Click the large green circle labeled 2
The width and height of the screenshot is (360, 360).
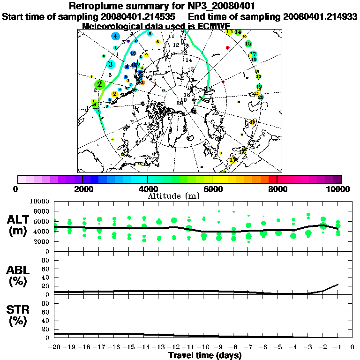pos(99,84)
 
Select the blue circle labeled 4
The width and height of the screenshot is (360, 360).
pos(115,36)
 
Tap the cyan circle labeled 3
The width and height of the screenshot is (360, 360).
pos(111,64)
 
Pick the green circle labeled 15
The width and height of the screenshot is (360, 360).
pos(248,44)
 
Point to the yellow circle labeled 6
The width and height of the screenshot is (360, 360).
pos(158,42)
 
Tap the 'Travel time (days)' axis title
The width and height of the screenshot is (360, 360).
pos(205,356)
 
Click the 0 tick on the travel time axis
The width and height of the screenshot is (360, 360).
pos(352,347)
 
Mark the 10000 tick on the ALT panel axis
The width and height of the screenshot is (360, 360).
pos(39,201)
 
